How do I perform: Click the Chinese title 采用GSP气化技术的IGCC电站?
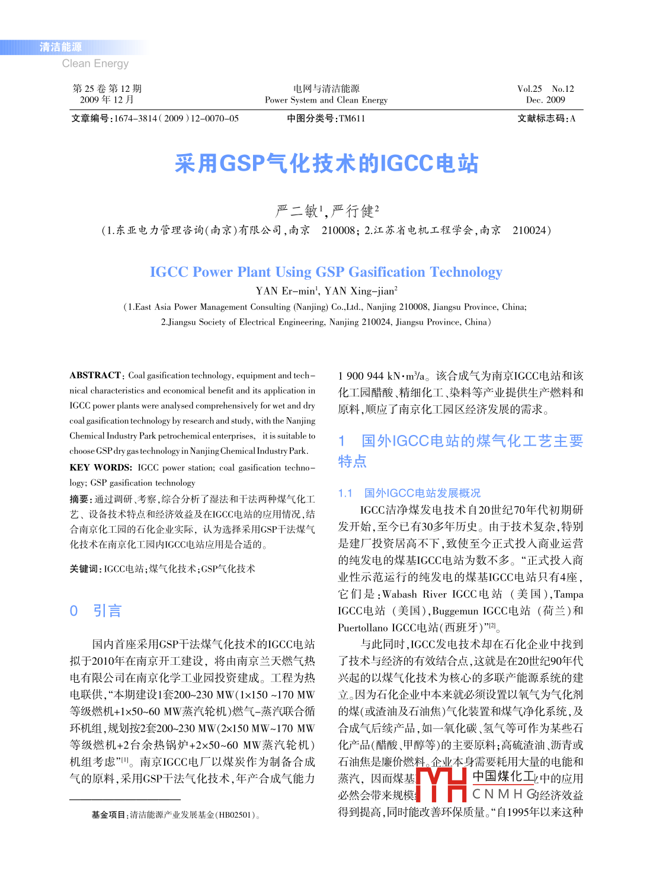click(x=326, y=164)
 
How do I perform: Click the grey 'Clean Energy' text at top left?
click(x=95, y=63)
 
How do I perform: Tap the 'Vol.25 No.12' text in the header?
click(x=545, y=89)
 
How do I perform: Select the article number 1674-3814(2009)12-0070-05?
click(x=176, y=119)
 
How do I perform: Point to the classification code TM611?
click(x=352, y=119)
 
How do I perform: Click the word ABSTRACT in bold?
click(x=95, y=375)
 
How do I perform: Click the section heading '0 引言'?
click(x=95, y=611)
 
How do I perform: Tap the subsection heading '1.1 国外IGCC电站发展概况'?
click(x=409, y=493)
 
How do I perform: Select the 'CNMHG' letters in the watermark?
click(x=504, y=794)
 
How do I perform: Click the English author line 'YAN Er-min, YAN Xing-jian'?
click(x=326, y=291)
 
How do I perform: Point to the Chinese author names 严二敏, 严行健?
click(x=326, y=211)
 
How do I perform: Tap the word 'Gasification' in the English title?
click(x=386, y=272)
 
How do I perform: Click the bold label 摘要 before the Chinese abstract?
click(x=79, y=499)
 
